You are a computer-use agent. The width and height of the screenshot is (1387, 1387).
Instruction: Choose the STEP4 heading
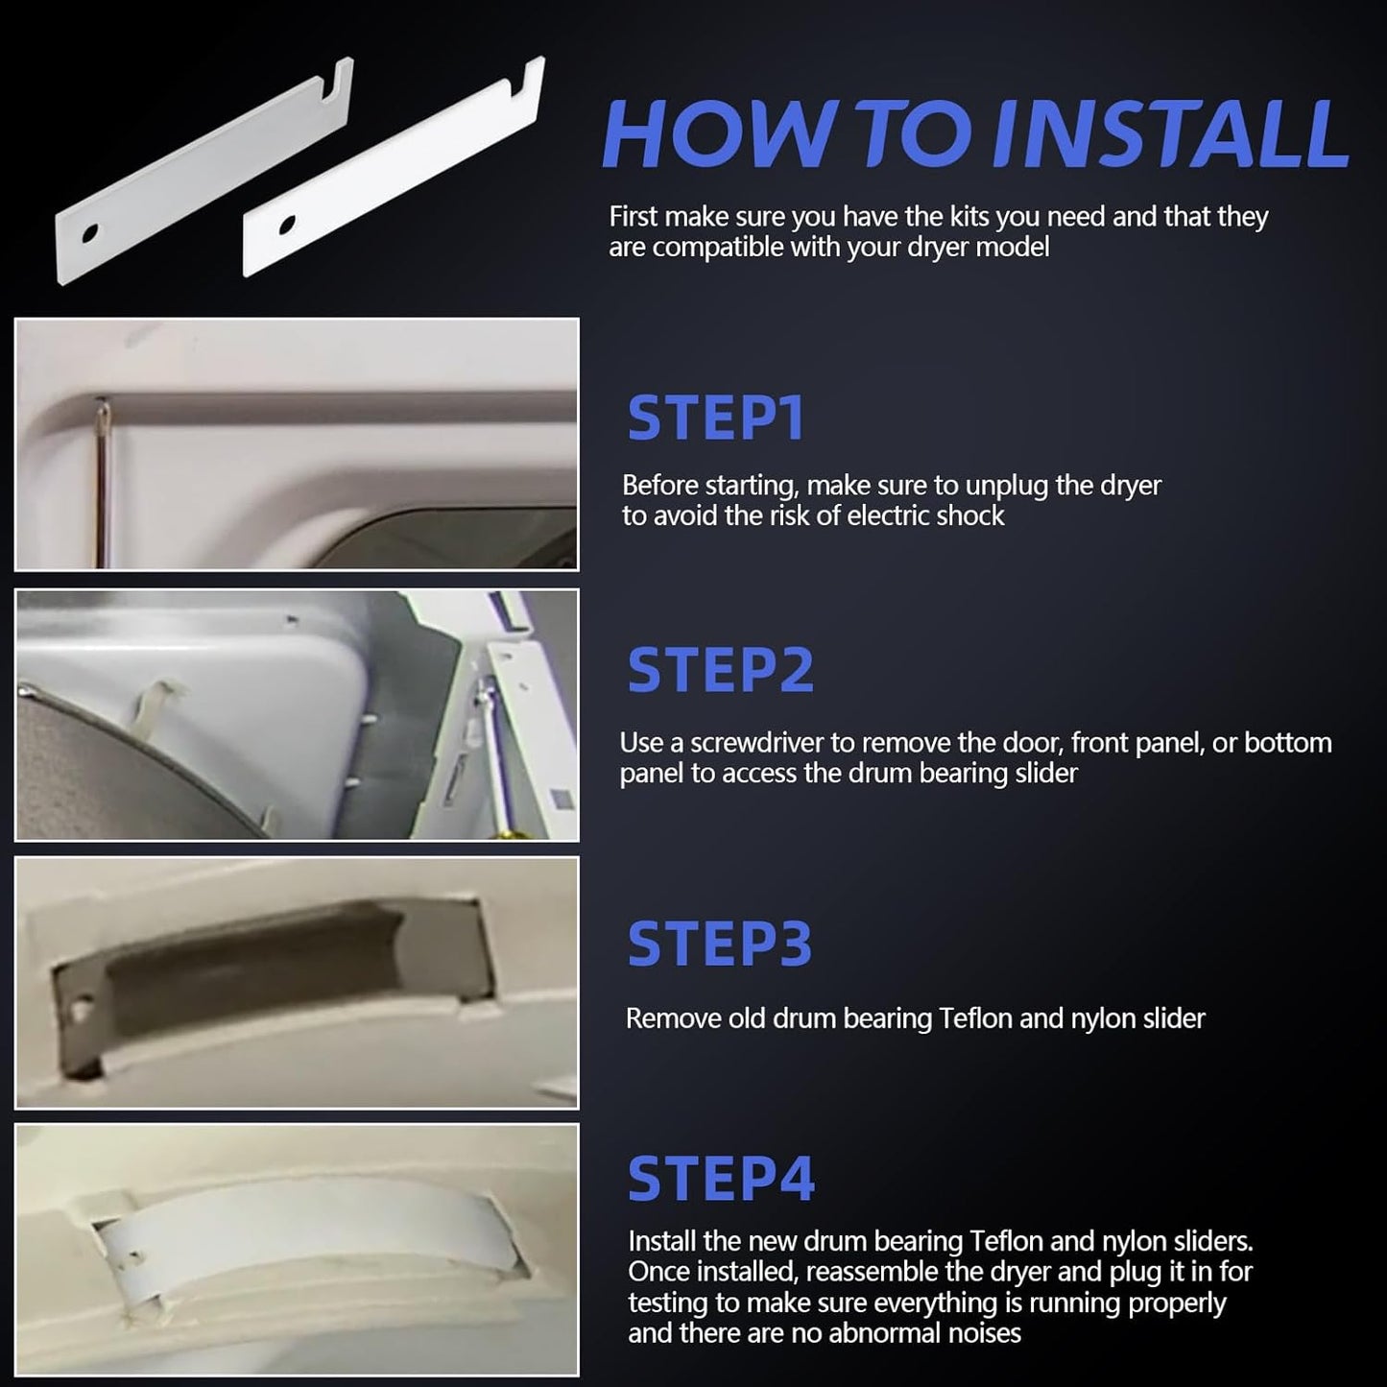[721, 1178]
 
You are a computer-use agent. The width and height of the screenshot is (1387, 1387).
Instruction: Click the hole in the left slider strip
[90, 234]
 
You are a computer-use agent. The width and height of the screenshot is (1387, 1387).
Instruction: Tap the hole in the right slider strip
[286, 225]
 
